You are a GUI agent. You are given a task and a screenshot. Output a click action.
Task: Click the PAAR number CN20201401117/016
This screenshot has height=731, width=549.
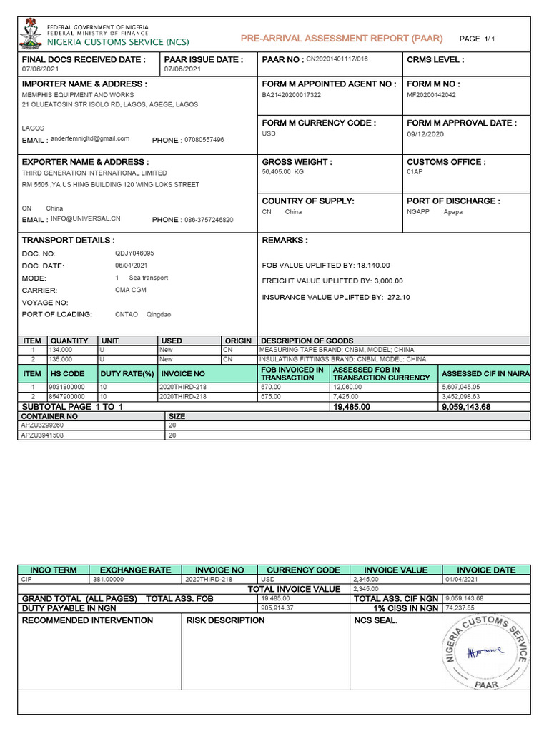point(337,59)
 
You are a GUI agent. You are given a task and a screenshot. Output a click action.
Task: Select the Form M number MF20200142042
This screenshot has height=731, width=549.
point(431,94)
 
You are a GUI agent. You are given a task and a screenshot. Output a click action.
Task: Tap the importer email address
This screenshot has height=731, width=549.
point(91,138)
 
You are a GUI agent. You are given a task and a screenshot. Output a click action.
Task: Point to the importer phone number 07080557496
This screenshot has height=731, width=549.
point(204,140)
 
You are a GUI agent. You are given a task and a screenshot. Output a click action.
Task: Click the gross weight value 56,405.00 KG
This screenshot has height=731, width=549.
point(283,172)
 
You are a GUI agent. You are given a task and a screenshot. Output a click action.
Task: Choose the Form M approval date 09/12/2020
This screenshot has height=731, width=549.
point(425,133)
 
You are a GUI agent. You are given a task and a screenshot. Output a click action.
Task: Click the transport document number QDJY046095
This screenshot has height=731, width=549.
point(134,253)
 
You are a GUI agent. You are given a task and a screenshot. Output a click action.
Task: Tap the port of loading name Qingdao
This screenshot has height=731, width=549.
point(159,314)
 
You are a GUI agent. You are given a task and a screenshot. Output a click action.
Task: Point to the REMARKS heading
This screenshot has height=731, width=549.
point(285,241)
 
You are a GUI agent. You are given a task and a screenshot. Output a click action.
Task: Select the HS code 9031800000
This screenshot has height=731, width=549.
point(66,387)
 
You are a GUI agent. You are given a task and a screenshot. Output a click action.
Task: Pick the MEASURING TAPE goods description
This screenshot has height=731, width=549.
point(337,350)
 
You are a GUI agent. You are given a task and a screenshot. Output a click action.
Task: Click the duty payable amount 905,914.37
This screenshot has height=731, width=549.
point(278,608)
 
